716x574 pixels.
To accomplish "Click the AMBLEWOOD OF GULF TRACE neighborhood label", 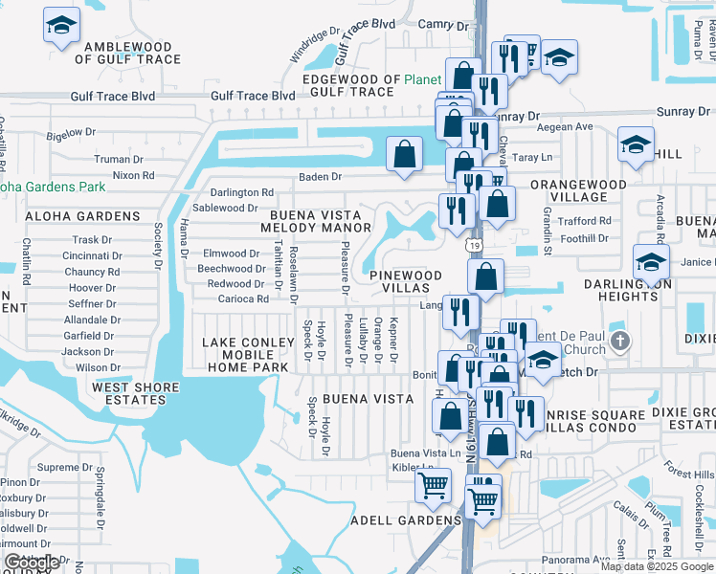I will (132, 53).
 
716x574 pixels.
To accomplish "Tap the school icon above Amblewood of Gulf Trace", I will (61, 25).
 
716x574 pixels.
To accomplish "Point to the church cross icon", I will (620, 341).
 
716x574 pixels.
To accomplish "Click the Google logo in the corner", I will (32, 563).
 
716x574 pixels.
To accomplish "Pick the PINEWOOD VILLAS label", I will (406, 281).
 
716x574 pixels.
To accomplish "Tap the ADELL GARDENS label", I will (406, 520).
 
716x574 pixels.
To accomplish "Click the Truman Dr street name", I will (119, 160).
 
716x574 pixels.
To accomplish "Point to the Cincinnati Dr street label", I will (92, 256).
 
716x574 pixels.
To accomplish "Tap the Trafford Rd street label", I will (585, 221).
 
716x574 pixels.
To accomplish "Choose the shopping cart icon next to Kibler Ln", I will (433, 485).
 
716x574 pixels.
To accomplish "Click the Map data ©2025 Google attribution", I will (657, 566).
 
